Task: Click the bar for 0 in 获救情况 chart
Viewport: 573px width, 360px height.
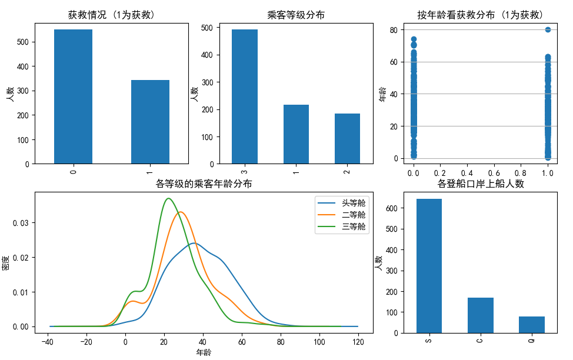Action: click(73, 96)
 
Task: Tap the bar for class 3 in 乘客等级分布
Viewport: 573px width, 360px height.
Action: click(245, 96)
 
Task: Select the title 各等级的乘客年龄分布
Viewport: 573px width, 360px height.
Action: click(204, 184)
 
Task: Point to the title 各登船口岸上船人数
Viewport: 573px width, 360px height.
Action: click(481, 184)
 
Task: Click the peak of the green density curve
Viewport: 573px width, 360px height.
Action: click(169, 198)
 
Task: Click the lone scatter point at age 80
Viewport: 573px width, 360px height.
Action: click(548, 29)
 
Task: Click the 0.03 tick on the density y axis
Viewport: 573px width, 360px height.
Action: click(20, 222)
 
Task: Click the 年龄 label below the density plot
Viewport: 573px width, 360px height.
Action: click(204, 352)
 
